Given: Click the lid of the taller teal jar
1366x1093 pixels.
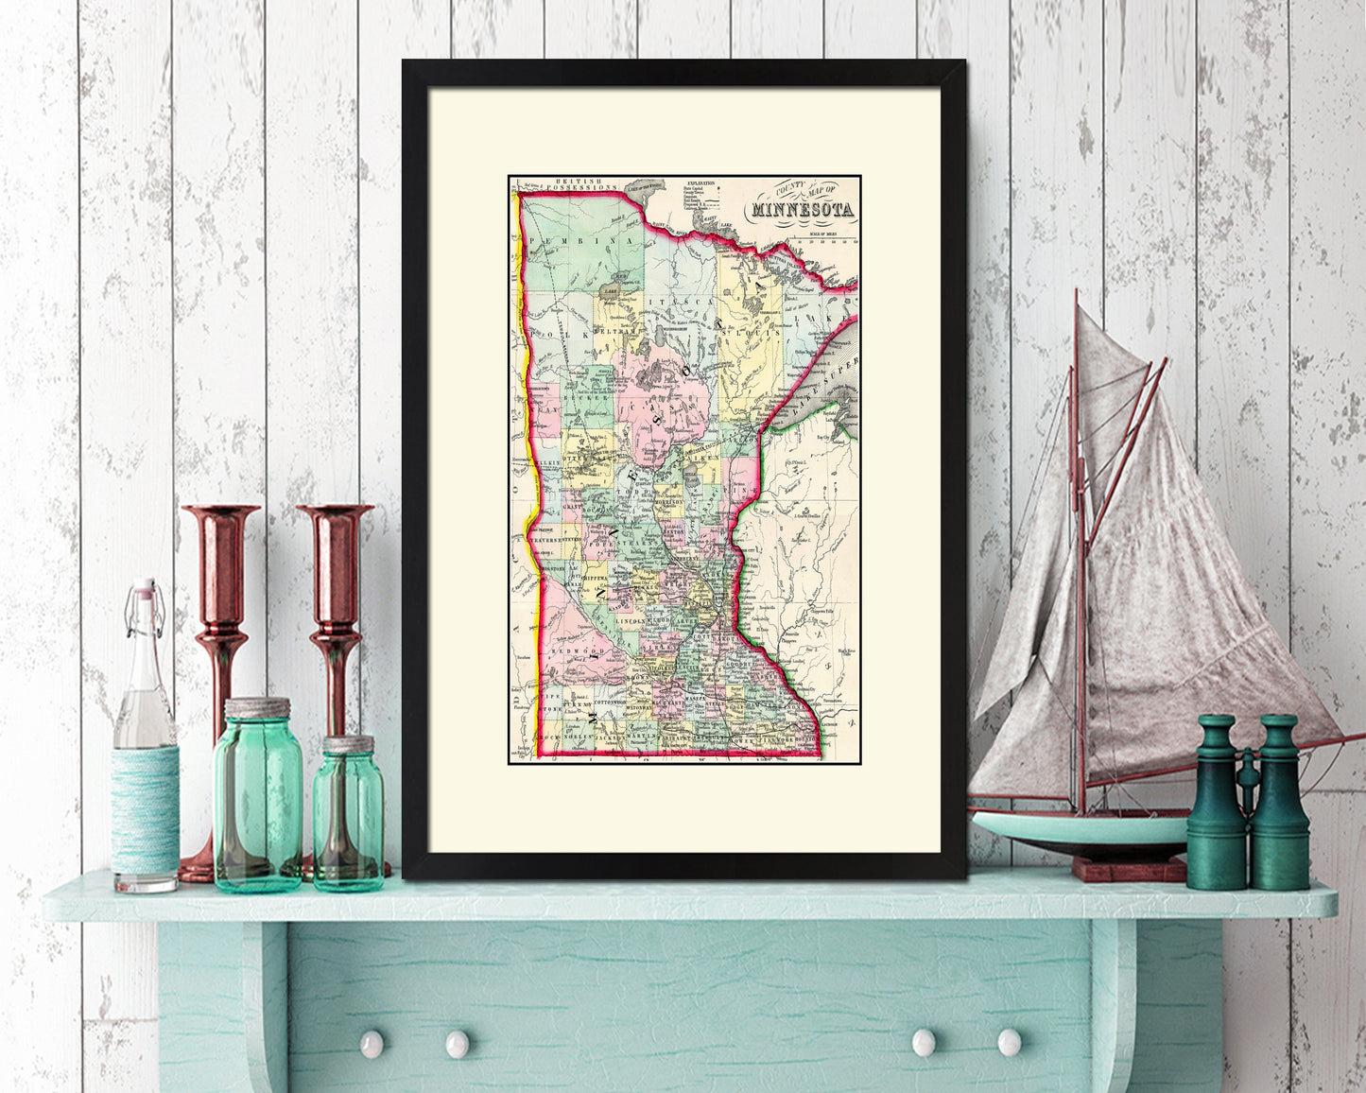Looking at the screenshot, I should pyautogui.click(x=257, y=707).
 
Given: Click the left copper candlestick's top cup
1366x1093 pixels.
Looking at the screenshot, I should pyautogui.click(x=220, y=514).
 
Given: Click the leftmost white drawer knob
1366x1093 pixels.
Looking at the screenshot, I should pyautogui.click(x=372, y=1043).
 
